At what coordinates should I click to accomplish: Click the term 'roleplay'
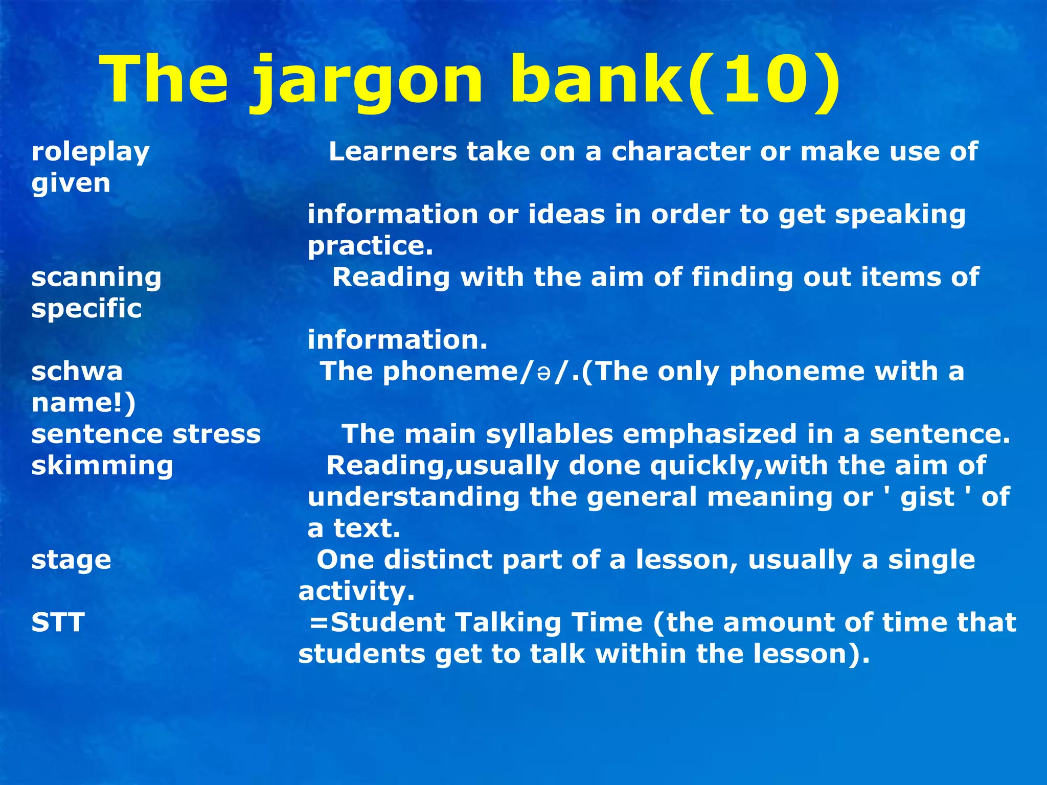[90, 152]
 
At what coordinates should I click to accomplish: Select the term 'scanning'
[96, 278]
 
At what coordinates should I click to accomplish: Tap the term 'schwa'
[77, 372]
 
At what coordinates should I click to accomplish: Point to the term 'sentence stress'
[146, 434]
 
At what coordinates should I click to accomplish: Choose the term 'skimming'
[102, 466]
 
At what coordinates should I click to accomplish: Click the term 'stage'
[71, 560]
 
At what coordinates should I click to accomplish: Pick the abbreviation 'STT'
[58, 622]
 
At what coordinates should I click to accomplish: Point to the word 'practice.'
[370, 246]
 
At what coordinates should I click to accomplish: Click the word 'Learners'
[393, 152]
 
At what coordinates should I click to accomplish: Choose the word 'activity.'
[356, 592]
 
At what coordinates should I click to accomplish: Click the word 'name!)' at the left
[83, 403]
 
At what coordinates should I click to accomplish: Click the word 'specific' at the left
[86, 309]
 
